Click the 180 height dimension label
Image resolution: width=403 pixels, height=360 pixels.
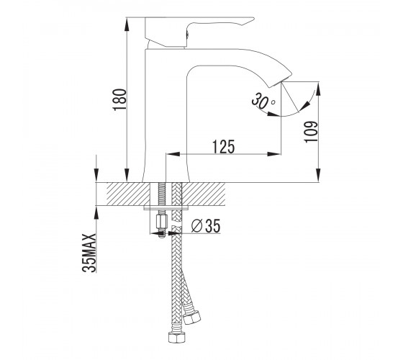(x=119, y=99)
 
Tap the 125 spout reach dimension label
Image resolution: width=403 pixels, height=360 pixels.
(x=224, y=147)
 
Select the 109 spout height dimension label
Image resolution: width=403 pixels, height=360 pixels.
(x=311, y=131)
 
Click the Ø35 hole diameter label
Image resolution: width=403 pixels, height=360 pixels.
(x=206, y=226)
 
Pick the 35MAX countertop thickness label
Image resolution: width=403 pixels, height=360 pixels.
(x=89, y=253)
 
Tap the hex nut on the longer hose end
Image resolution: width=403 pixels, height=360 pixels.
(x=177, y=337)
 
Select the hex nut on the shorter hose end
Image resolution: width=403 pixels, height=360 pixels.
(x=191, y=318)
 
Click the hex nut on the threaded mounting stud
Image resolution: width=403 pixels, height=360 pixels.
(x=162, y=222)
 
